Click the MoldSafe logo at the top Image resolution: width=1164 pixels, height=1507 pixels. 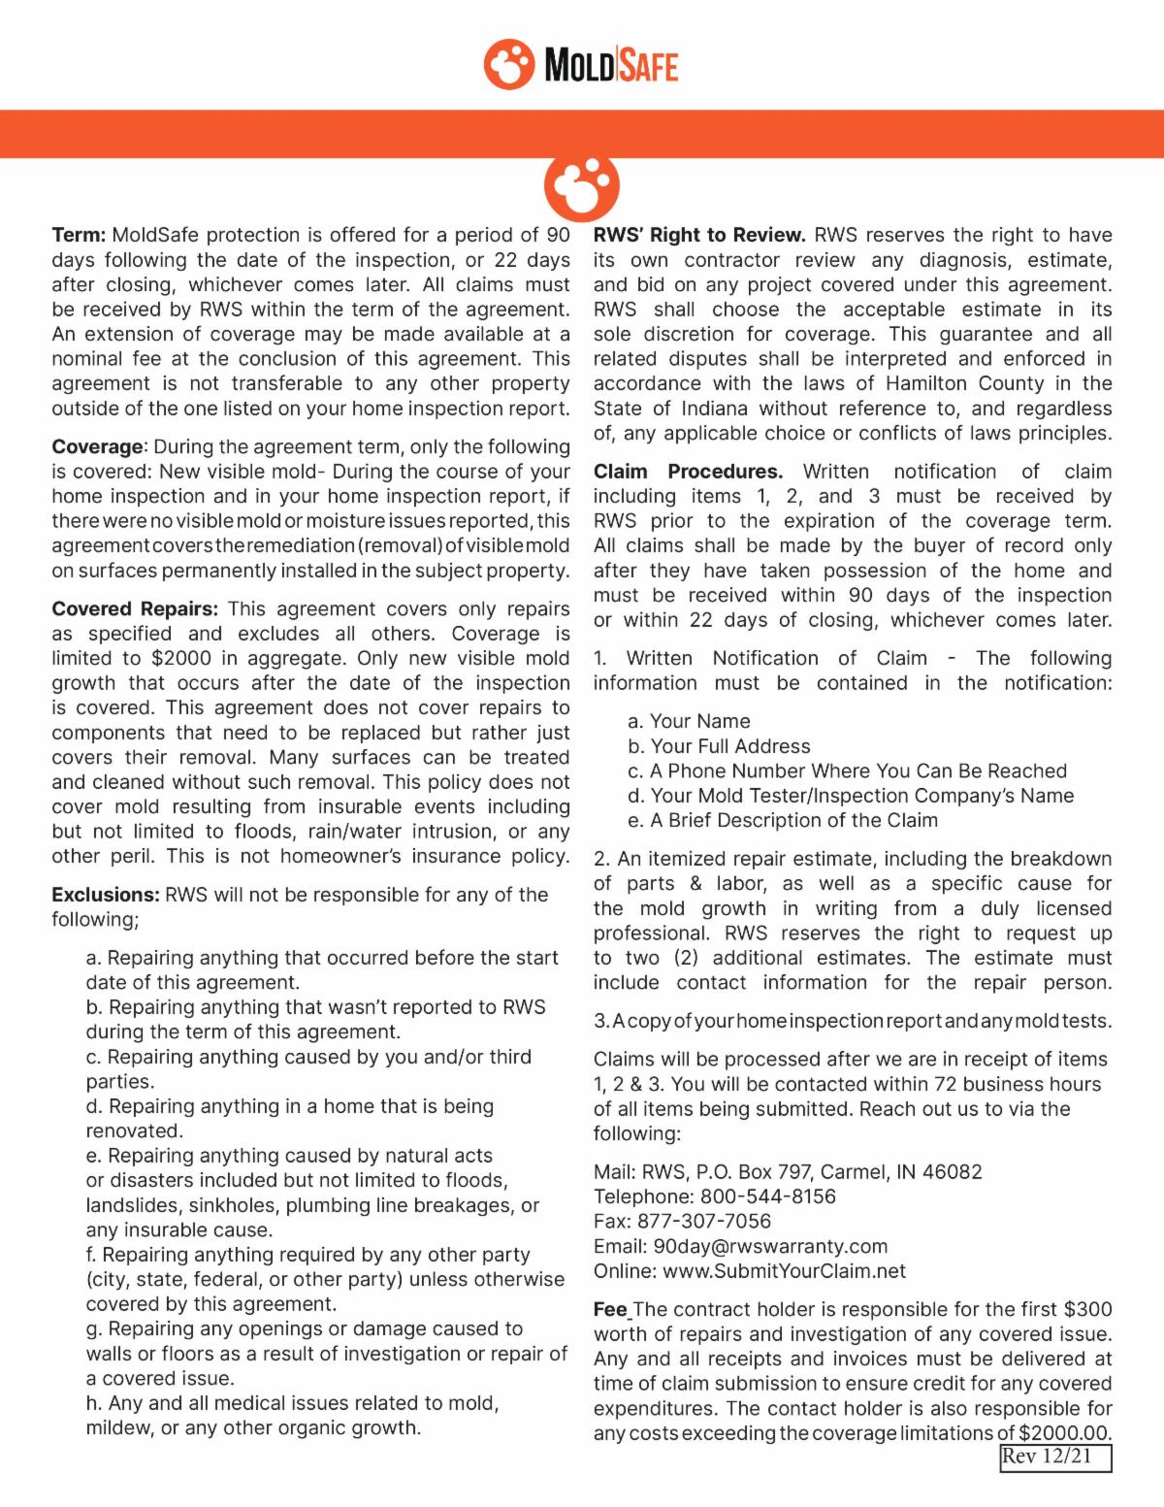tap(581, 64)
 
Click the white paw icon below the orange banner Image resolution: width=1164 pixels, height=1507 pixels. tap(582, 184)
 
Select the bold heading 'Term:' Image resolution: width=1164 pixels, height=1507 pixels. tap(79, 235)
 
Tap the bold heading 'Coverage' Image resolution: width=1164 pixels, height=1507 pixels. tap(97, 446)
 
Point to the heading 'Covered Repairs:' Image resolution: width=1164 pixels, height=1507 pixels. tap(135, 609)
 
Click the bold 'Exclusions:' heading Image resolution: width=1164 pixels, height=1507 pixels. tap(105, 895)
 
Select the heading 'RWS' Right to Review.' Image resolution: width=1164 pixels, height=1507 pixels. tap(699, 235)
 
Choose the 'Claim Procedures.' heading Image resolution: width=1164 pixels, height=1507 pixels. tap(688, 472)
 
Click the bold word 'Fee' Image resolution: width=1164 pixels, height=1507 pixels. tap(610, 1310)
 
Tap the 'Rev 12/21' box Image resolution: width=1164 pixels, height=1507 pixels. tap(1055, 1458)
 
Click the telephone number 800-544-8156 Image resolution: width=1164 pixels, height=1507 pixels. tap(767, 1196)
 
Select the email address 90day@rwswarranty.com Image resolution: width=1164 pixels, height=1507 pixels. tap(770, 1246)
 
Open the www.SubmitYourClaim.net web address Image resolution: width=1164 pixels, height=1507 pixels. tap(785, 1271)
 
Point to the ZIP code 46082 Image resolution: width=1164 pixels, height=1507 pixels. tap(952, 1172)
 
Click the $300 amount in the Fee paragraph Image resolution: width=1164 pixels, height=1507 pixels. tap(1088, 1310)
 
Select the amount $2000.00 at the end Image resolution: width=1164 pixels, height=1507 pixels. tap(1064, 1433)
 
